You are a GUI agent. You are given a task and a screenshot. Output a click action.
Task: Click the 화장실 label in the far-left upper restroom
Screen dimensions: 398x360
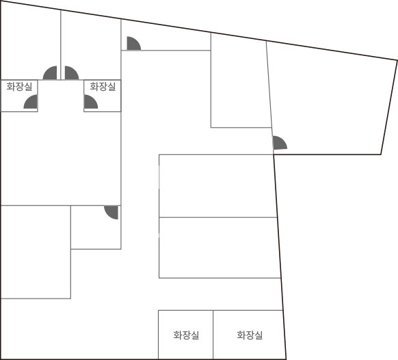click(19, 87)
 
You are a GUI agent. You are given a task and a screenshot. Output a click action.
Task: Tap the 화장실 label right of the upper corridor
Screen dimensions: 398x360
click(103, 87)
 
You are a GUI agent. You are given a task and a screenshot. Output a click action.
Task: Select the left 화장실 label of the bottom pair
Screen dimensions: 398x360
click(186, 335)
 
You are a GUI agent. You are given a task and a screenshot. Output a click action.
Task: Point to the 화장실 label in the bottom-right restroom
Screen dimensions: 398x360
click(250, 335)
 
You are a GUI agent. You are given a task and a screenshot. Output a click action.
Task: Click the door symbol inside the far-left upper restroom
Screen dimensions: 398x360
click(31, 102)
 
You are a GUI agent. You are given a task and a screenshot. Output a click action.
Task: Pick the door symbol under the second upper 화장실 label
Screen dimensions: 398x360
click(90, 102)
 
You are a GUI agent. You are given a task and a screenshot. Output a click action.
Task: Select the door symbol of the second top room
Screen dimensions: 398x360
click(70, 74)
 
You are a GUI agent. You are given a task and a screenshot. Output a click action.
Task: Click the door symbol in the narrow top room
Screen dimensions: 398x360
click(133, 44)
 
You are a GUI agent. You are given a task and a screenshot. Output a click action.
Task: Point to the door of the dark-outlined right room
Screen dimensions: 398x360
click(279, 143)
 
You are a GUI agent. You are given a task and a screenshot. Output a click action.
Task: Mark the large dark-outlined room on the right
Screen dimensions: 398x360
click(330, 101)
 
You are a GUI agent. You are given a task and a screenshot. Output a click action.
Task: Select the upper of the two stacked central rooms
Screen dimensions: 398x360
click(217, 186)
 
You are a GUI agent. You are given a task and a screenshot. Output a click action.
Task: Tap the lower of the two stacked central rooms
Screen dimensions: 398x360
click(219, 248)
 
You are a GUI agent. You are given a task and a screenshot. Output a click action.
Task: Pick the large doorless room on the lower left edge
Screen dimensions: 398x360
click(36, 252)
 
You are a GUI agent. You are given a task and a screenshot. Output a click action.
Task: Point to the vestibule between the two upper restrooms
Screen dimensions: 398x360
click(61, 96)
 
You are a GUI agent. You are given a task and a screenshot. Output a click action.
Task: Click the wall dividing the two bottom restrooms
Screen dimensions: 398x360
click(213, 335)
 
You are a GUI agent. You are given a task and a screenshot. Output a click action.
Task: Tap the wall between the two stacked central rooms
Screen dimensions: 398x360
click(217, 217)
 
